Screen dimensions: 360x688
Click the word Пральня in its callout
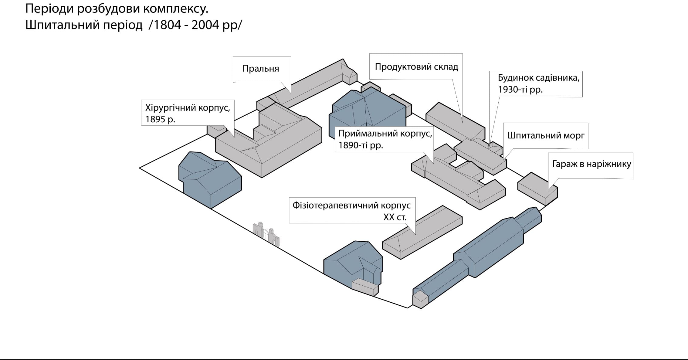click(x=260, y=69)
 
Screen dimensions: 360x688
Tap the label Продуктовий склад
click(x=416, y=67)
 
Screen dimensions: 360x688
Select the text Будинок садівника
click(x=538, y=78)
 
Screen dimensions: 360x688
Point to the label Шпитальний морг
click(x=546, y=135)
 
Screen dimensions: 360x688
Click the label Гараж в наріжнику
click(x=591, y=164)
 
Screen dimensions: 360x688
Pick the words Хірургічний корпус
click(x=188, y=108)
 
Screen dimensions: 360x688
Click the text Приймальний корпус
click(x=385, y=134)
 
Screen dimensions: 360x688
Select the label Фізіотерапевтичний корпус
click(x=351, y=205)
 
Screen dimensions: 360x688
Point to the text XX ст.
click(x=395, y=217)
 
